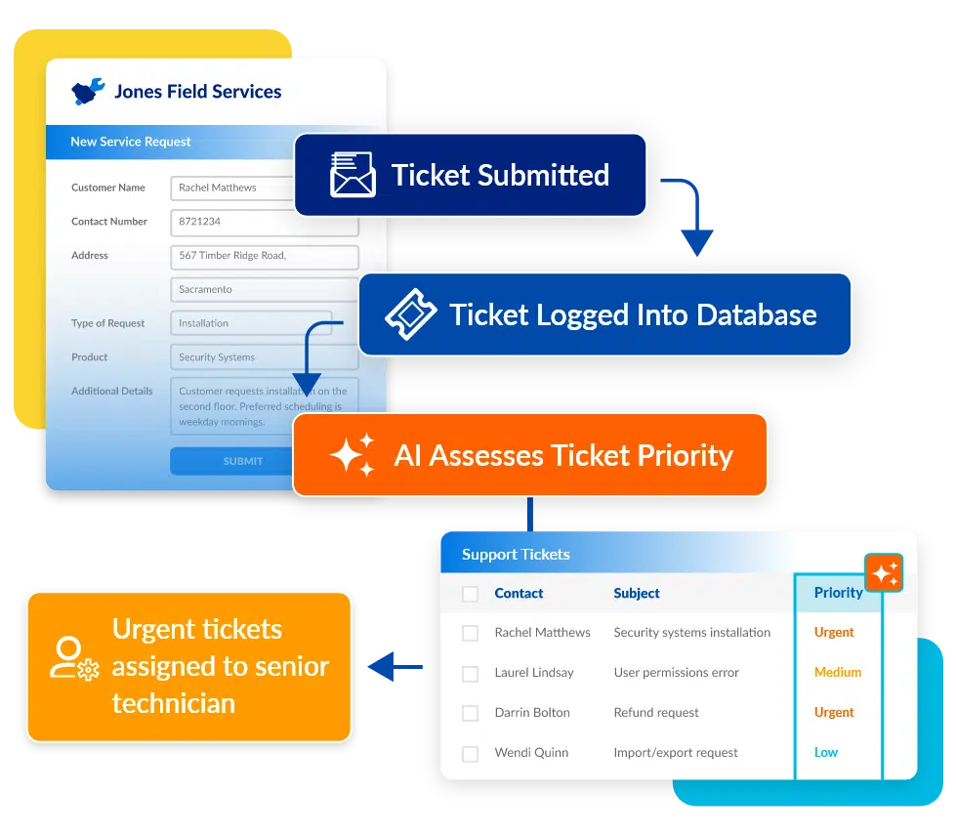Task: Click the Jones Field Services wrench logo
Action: [x=88, y=92]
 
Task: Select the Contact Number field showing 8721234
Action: [x=265, y=222]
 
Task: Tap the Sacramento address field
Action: [x=265, y=289]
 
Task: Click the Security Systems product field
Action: [x=265, y=357]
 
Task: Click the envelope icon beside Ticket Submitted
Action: [x=353, y=175]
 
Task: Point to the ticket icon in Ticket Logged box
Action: [x=411, y=313]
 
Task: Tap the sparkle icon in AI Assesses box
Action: [x=353, y=455]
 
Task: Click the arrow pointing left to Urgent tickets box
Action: [x=395, y=667]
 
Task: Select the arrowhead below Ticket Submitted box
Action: [x=697, y=243]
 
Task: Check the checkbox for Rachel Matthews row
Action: [x=470, y=633]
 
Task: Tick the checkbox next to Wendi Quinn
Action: [x=470, y=753]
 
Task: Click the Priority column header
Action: [x=838, y=593]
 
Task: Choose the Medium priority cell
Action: [x=838, y=672]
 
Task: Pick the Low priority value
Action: [x=826, y=753]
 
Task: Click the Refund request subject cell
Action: [x=656, y=713]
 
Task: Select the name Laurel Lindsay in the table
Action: [x=534, y=673]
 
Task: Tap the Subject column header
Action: [x=637, y=594]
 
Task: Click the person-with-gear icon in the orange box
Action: [x=74, y=659]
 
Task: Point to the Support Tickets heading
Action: [x=516, y=555]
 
